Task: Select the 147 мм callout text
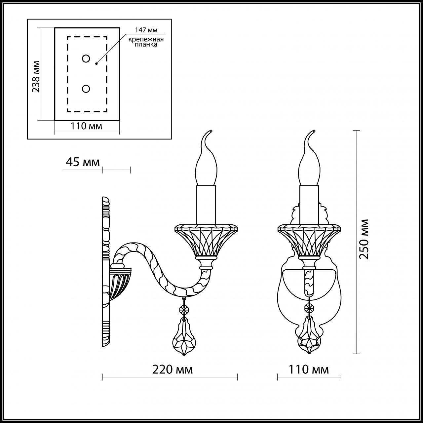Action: click(x=146, y=30)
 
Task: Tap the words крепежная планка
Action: click(x=146, y=42)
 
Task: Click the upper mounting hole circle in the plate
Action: click(x=86, y=58)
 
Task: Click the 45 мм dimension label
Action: click(x=83, y=162)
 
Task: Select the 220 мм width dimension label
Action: click(x=173, y=369)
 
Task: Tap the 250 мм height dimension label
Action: click(x=364, y=239)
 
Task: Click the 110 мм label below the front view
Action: click(x=309, y=369)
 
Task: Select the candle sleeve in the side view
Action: click(x=206, y=205)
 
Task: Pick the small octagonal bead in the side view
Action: click(x=183, y=310)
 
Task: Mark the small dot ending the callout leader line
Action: click(x=96, y=63)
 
